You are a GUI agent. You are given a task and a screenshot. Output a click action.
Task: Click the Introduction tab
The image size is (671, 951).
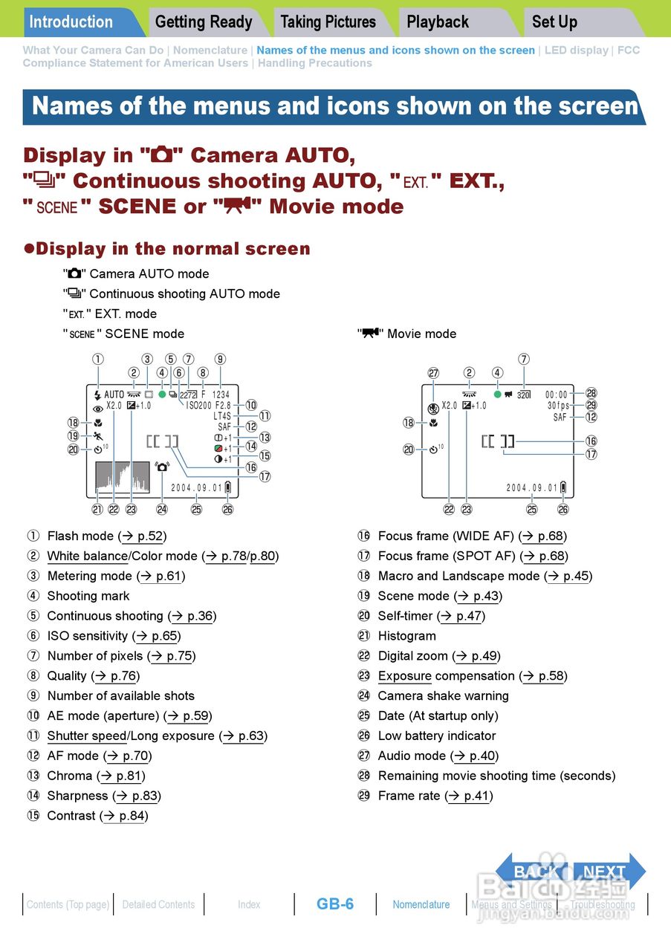click(71, 22)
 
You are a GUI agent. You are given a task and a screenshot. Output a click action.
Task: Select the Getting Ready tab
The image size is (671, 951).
click(204, 22)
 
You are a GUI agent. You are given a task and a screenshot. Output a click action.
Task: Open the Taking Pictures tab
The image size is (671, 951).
click(328, 22)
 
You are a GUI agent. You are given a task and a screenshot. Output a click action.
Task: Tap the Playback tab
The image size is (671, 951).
click(438, 22)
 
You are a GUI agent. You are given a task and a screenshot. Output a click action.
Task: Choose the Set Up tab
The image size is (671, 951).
click(554, 22)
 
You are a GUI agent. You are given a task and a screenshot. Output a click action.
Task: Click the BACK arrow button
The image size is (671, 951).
click(533, 872)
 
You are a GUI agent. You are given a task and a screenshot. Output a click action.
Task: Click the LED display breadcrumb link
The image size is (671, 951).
click(577, 51)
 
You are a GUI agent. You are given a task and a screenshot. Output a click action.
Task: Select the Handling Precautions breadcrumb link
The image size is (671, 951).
click(315, 63)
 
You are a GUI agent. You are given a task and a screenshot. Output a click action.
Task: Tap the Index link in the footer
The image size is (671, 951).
click(249, 904)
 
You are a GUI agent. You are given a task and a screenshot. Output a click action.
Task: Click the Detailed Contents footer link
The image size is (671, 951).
click(158, 904)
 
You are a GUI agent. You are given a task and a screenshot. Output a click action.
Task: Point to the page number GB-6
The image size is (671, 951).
click(335, 904)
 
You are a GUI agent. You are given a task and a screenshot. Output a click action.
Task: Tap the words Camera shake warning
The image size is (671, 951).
click(443, 696)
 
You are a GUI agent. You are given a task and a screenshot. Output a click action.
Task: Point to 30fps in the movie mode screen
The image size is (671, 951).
click(558, 406)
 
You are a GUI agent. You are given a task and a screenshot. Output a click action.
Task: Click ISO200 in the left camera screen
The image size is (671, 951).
click(198, 406)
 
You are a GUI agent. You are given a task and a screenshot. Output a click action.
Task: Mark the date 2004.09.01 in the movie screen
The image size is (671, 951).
click(532, 487)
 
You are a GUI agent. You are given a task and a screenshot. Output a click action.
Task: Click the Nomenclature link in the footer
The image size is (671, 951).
click(421, 904)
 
